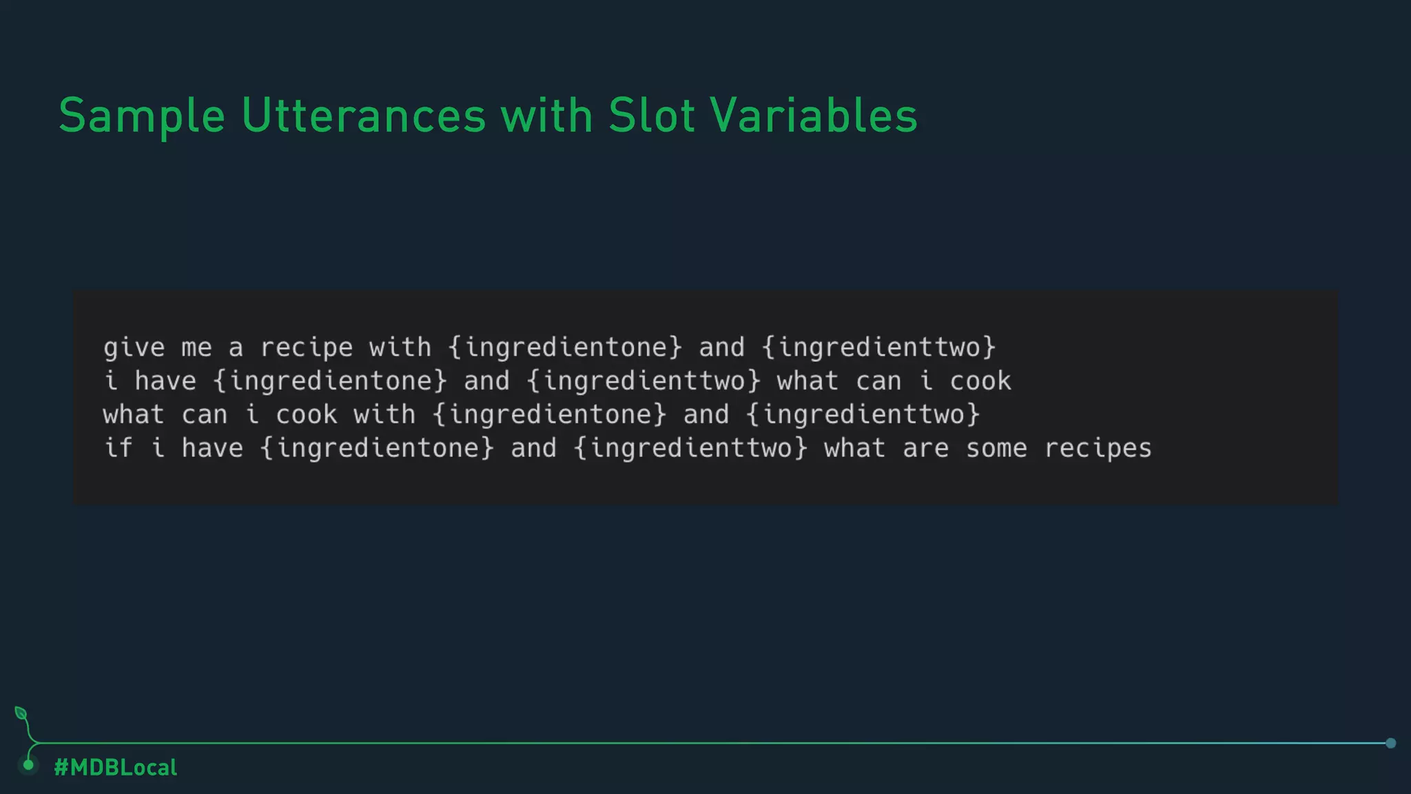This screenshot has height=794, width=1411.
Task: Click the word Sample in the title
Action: click(x=142, y=116)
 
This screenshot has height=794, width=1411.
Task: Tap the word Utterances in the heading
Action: click(x=364, y=116)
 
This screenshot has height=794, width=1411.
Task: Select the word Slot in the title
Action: click(x=651, y=116)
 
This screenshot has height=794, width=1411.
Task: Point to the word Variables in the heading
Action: click(x=814, y=116)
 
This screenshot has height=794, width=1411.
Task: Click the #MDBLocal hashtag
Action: click(x=116, y=767)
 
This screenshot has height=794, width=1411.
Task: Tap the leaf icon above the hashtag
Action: click(x=21, y=713)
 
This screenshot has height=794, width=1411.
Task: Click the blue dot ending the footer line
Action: click(x=1390, y=743)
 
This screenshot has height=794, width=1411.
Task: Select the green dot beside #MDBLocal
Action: click(x=28, y=765)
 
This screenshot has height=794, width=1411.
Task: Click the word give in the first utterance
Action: click(x=134, y=347)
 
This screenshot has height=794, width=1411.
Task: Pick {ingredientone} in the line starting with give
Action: click(x=565, y=347)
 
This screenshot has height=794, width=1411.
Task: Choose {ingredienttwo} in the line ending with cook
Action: click(x=643, y=381)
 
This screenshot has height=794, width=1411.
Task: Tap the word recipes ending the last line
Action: click(x=1098, y=449)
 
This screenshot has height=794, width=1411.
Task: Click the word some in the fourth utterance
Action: click(x=996, y=449)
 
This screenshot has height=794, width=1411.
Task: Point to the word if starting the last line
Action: click(x=118, y=449)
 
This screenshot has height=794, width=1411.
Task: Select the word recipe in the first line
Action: click(x=307, y=347)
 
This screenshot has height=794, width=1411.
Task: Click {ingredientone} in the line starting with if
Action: click(x=377, y=449)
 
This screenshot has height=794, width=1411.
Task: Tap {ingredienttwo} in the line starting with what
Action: click(x=863, y=415)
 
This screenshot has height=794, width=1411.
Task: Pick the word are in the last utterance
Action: click(x=925, y=449)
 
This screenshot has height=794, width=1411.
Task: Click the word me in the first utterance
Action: click(x=196, y=347)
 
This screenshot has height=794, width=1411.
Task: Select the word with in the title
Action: click(x=547, y=116)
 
